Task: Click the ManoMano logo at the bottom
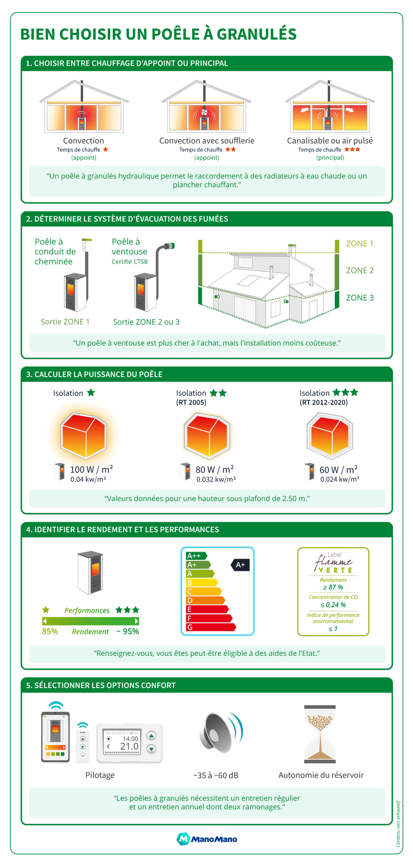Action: point(207,838)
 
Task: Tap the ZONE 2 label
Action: point(359,270)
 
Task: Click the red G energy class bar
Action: point(209,627)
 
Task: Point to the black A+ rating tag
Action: point(240,564)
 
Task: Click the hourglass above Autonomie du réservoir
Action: point(319,733)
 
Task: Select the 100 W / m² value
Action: point(91,469)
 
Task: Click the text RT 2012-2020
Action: point(323,402)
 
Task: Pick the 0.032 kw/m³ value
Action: point(215,479)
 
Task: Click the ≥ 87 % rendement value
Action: point(333,587)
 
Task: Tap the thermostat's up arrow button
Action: point(151,735)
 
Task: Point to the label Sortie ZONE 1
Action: point(65,321)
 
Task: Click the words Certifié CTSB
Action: point(129,262)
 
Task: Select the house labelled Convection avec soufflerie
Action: point(206,106)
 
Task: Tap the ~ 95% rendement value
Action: point(127,631)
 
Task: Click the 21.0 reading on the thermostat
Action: point(129,746)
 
